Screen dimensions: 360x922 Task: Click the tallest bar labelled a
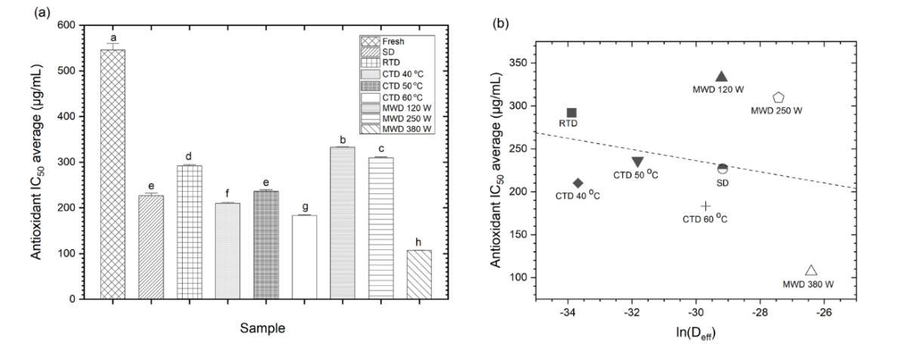pyautogui.click(x=113, y=174)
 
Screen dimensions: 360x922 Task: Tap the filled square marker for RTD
pyautogui.click(x=572, y=112)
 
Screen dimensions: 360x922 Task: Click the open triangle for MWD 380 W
pyautogui.click(x=811, y=270)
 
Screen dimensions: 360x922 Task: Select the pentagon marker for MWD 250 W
pyautogui.click(x=779, y=97)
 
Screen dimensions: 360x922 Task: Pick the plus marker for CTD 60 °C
pyautogui.click(x=705, y=206)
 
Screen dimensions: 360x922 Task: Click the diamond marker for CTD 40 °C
pyautogui.click(x=578, y=183)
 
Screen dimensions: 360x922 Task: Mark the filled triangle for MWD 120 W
pyautogui.click(x=721, y=76)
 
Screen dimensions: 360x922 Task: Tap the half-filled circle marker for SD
pyautogui.click(x=723, y=168)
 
